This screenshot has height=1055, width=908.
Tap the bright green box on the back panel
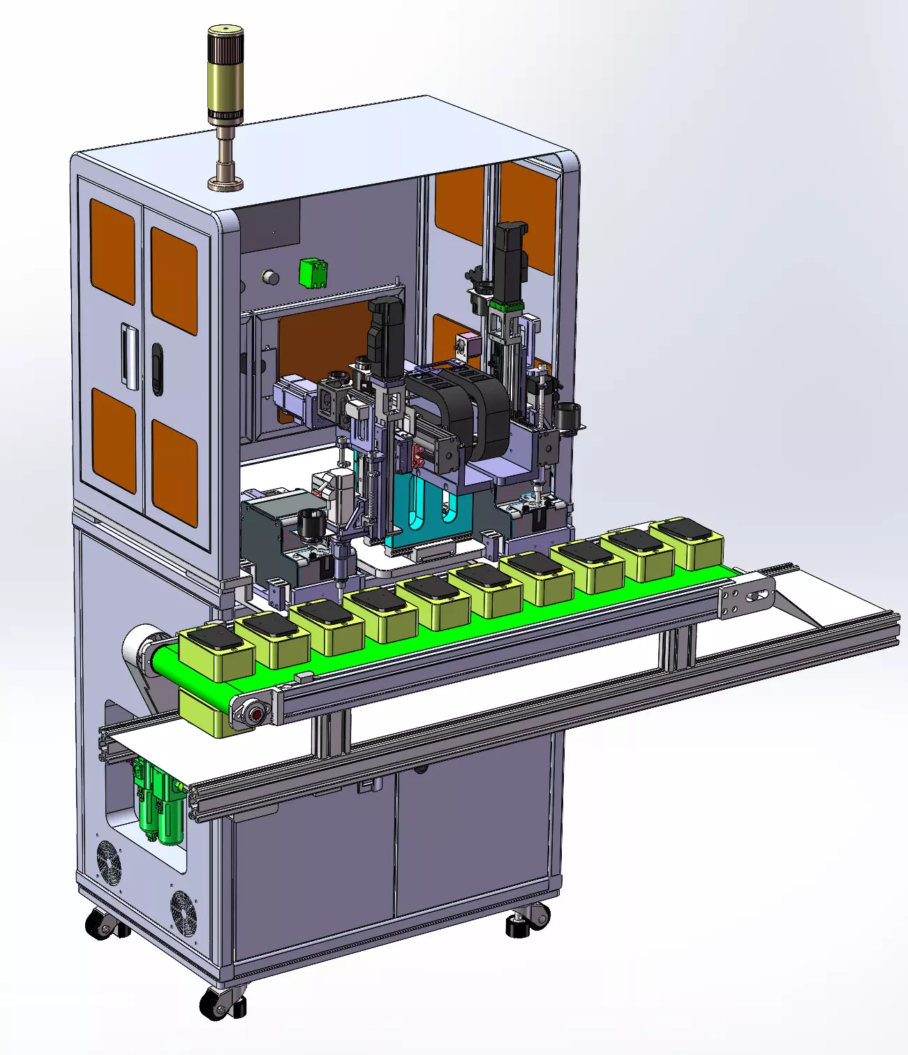[313, 273]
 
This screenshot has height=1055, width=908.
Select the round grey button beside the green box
[269, 277]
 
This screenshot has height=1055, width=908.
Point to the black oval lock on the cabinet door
[157, 368]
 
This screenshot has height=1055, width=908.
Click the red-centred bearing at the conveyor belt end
[255, 714]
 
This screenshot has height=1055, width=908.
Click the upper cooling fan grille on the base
[108, 862]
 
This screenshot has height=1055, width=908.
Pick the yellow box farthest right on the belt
[687, 543]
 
